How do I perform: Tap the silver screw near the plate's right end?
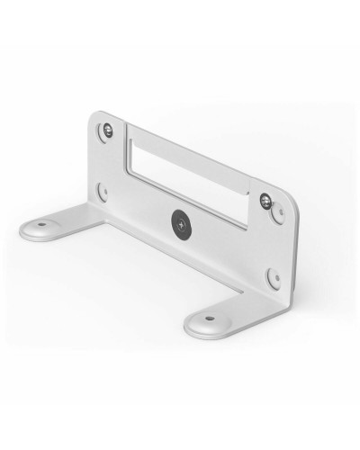pos(265,200)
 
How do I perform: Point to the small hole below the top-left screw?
pos(102,191)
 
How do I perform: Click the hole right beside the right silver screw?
pos(278,214)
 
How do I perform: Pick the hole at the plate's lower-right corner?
pos(274,276)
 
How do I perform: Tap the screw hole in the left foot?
pos(41,223)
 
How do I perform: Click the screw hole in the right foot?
pos(209,318)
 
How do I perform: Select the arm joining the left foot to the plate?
pos(85,216)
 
